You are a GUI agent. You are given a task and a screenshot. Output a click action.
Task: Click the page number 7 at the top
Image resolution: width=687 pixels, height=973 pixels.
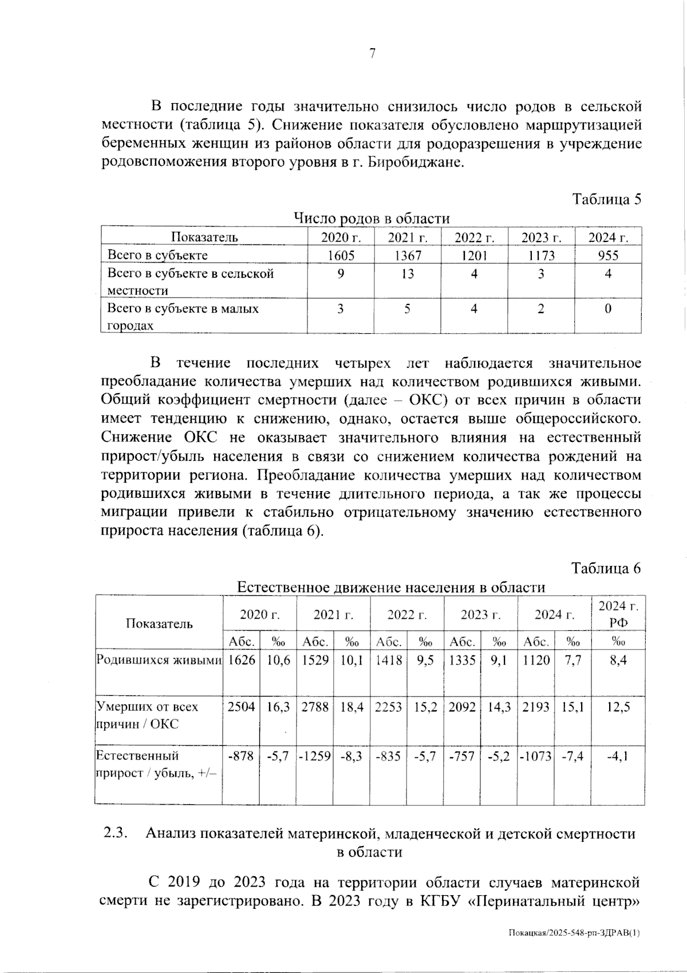click(372, 54)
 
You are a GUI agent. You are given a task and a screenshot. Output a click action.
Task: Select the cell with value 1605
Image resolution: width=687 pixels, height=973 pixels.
click(341, 255)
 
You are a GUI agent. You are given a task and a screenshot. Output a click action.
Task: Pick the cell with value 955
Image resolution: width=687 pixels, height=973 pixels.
click(608, 255)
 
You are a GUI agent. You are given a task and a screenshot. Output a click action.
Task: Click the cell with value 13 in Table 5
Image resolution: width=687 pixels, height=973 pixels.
click(407, 274)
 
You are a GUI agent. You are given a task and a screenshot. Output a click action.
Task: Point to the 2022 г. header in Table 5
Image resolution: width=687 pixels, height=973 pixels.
click(474, 238)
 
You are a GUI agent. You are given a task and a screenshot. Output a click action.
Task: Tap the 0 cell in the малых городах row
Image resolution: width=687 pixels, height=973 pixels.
click(608, 309)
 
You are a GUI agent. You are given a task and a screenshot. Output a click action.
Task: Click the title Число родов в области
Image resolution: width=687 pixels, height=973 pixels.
click(372, 218)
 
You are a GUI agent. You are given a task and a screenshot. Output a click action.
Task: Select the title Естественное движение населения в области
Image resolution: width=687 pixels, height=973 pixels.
click(391, 587)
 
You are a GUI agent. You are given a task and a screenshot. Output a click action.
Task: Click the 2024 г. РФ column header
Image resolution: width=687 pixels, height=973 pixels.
click(618, 614)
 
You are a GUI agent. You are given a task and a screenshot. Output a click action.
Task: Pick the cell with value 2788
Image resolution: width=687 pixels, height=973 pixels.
click(315, 707)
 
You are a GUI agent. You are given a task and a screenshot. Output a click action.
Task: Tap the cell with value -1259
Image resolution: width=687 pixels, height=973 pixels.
click(315, 756)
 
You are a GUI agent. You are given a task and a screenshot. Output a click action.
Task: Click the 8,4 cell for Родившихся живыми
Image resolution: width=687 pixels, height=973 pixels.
click(618, 660)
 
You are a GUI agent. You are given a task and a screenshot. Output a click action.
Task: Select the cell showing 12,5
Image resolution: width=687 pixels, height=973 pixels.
click(618, 707)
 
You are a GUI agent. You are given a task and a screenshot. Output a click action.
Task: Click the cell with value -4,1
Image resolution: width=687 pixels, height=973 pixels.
click(618, 756)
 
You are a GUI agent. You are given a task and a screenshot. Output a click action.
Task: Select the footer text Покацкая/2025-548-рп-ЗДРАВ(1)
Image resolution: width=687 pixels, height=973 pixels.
click(574, 933)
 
